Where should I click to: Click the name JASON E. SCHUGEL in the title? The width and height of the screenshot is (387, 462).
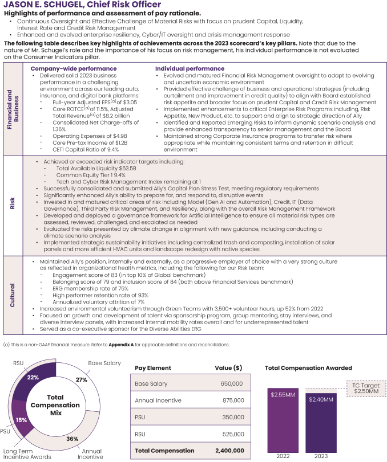pos(43,5)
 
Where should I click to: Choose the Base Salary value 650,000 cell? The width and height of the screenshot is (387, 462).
pos(231,383)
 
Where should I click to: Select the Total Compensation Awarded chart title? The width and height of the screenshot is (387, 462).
pos(308,367)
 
